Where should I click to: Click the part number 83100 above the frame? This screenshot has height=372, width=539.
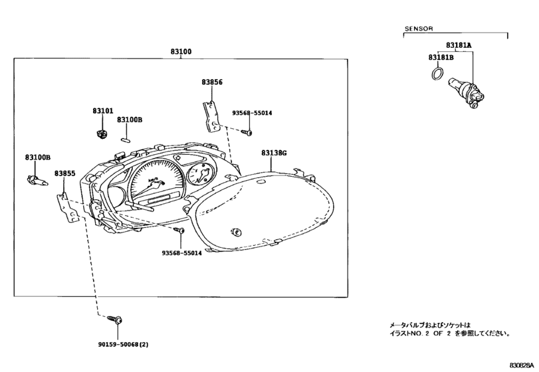[x=181, y=52]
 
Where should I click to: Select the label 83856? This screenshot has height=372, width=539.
[x=212, y=82]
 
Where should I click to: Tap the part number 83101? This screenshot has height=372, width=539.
[x=102, y=111]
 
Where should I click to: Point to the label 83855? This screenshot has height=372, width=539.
[x=64, y=174]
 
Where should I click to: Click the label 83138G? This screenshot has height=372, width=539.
[x=274, y=153]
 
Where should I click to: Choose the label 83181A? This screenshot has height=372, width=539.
[x=459, y=45]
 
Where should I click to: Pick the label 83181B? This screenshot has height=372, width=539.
[x=441, y=57]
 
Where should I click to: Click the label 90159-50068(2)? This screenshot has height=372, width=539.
[x=121, y=344]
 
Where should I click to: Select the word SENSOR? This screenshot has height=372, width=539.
[x=418, y=29]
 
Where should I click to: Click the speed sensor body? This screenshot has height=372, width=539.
[x=467, y=92]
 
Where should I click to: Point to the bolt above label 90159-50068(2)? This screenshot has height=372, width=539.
[x=116, y=320]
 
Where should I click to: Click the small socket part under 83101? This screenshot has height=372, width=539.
[x=101, y=134]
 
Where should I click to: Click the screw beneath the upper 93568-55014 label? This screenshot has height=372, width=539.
[x=247, y=132]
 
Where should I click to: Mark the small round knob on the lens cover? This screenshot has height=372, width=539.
[x=236, y=232]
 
